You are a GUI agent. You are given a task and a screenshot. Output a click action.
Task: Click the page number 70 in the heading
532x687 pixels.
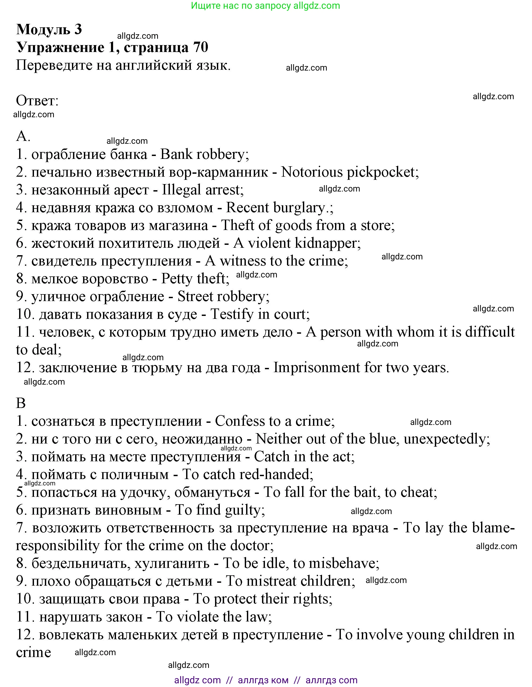pos(200,47)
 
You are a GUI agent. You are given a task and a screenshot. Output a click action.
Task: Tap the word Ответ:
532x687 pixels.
pos(37,101)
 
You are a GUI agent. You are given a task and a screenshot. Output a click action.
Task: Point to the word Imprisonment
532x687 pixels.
pos(316,368)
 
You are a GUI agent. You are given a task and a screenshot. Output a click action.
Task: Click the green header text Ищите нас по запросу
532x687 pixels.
pos(241,6)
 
